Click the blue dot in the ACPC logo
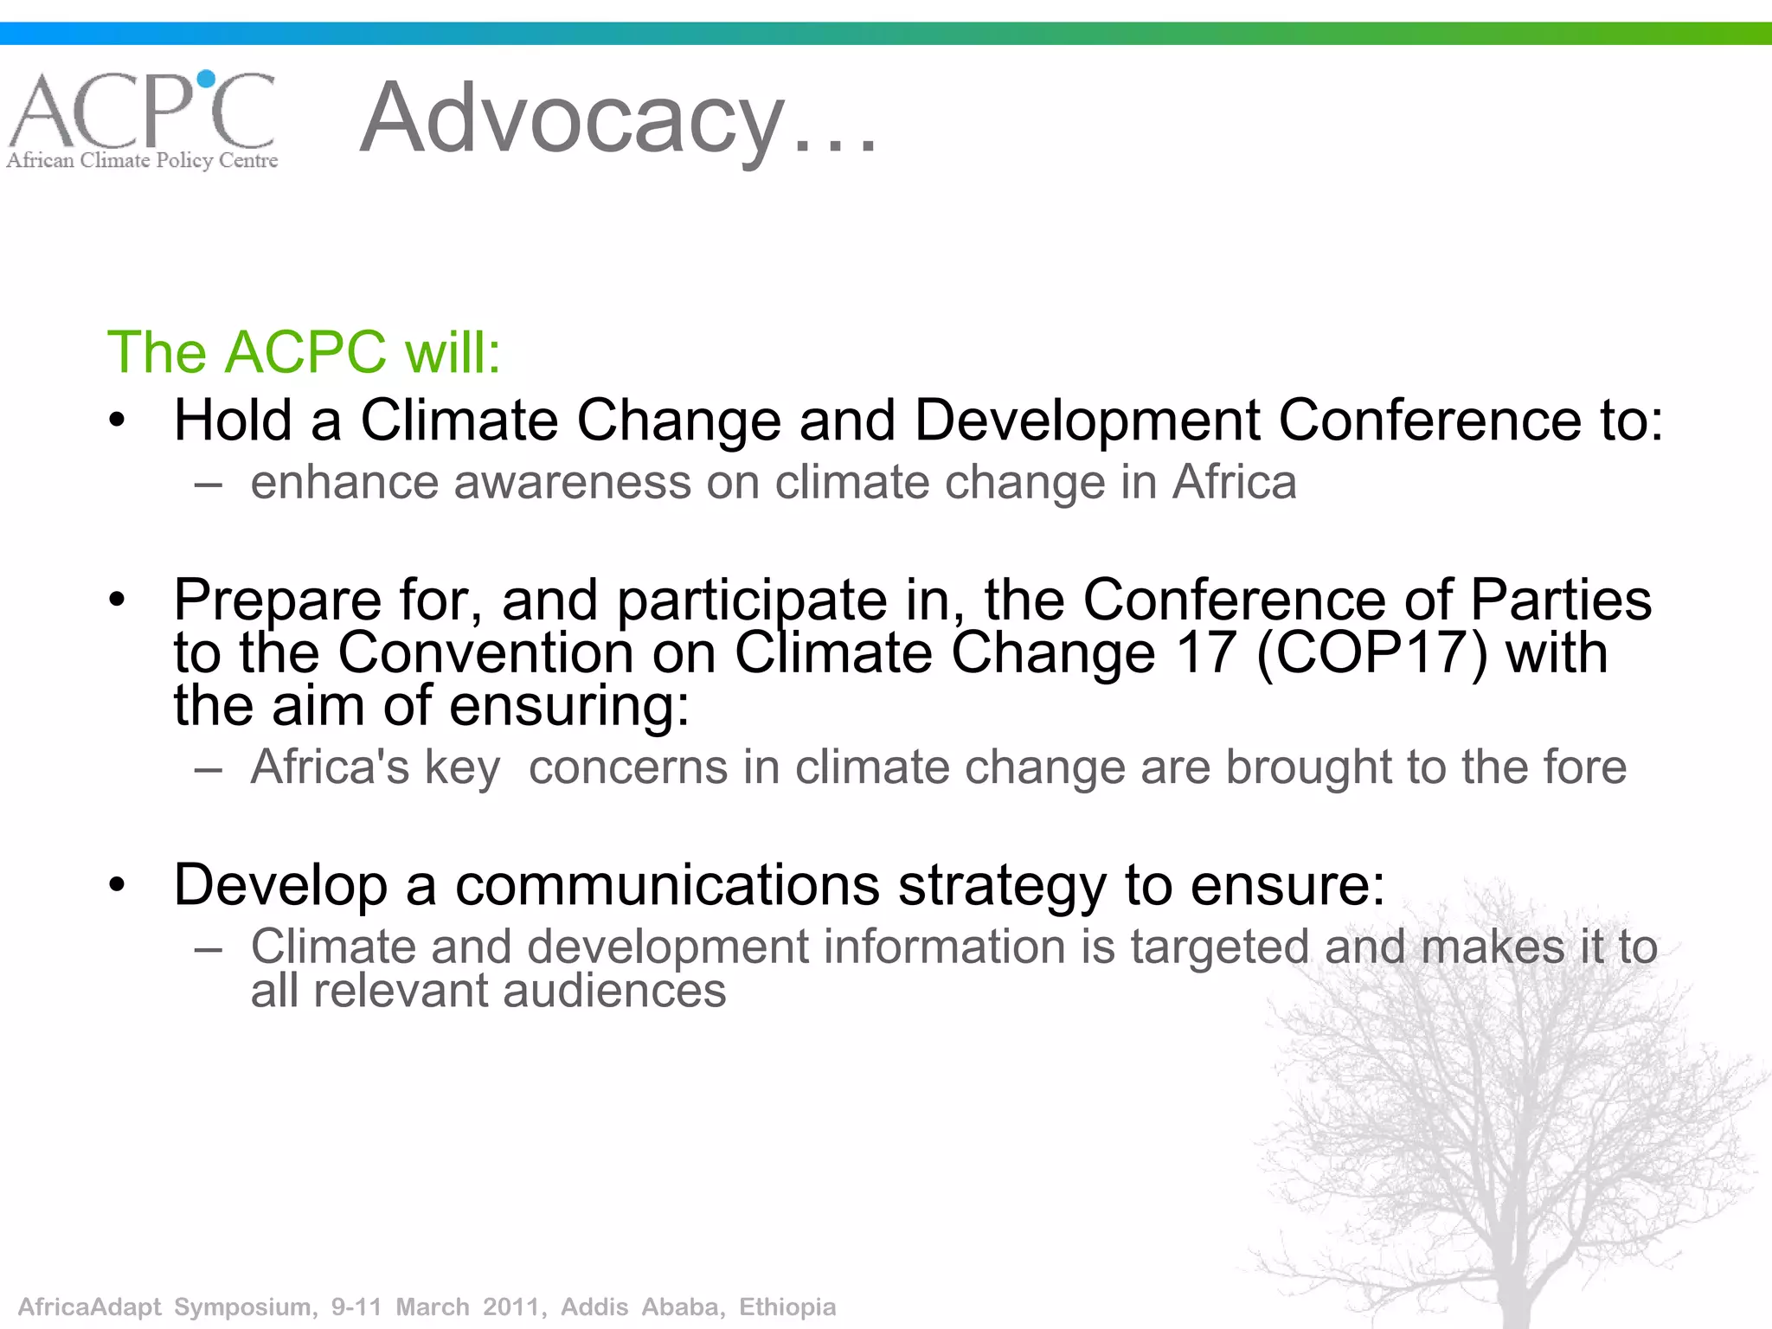click(x=206, y=80)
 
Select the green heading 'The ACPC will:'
click(x=304, y=352)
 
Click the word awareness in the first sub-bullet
click(x=572, y=483)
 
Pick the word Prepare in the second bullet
click(x=277, y=600)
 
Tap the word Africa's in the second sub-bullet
click(x=330, y=767)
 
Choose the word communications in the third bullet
click(x=667, y=885)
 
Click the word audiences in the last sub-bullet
click(x=614, y=991)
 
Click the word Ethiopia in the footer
click(x=787, y=1307)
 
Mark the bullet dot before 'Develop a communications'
click(x=118, y=885)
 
